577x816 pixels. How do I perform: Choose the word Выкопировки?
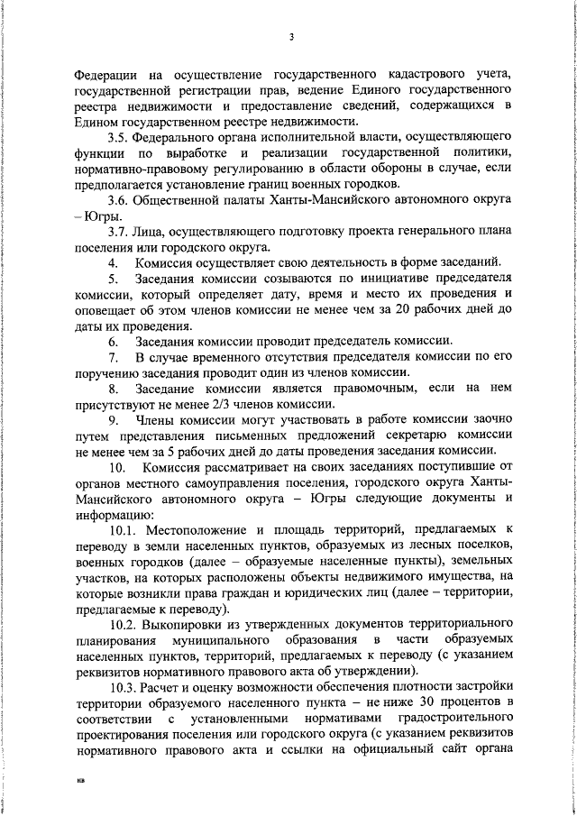click(188, 623)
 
